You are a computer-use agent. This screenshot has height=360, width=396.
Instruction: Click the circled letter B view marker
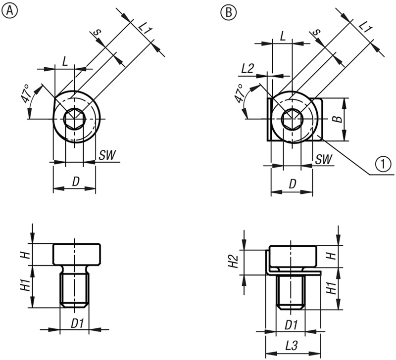229,12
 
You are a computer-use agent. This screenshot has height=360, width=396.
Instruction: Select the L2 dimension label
247,68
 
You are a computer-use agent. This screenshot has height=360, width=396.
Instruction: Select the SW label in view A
107,155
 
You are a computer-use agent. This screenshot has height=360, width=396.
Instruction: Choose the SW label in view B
324,159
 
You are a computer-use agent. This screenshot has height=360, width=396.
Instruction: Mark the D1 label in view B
292,325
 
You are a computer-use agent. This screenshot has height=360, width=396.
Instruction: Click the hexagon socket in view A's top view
74,119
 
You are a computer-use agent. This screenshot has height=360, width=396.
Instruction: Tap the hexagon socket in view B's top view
292,119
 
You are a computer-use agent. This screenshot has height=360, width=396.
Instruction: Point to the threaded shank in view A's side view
74,290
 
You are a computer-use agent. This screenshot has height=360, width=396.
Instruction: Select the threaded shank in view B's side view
291,292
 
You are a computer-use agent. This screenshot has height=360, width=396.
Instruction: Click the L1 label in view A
145,29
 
